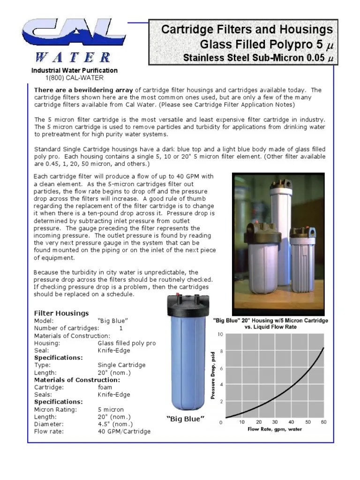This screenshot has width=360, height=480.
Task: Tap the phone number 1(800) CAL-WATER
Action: (x=75, y=78)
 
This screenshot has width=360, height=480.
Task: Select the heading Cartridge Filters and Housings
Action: (x=247, y=30)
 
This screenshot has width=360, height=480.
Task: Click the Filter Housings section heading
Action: (x=61, y=313)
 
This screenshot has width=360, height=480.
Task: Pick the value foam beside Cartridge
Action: (x=105, y=387)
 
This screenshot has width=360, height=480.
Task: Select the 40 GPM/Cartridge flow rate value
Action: (x=124, y=431)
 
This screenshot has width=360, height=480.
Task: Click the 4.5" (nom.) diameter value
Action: (x=114, y=424)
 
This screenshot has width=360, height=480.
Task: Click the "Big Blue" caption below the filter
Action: (x=186, y=419)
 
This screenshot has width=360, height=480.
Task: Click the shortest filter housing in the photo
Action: (x=302, y=262)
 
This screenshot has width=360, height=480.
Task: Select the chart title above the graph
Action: (x=270, y=324)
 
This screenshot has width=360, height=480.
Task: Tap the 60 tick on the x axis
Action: (x=323, y=422)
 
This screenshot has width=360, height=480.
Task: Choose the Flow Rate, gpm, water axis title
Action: (x=275, y=429)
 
